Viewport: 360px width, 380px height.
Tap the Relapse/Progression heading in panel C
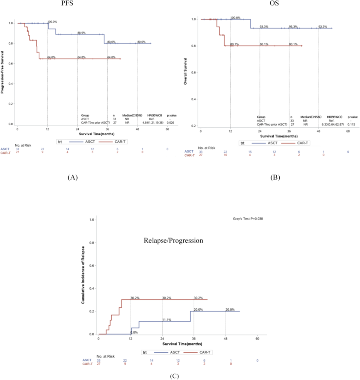173,241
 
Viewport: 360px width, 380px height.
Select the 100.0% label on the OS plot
235,18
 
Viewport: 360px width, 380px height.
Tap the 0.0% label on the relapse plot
134,332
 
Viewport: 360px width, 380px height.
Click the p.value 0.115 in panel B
352,124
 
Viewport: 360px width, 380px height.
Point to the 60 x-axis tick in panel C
257,339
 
